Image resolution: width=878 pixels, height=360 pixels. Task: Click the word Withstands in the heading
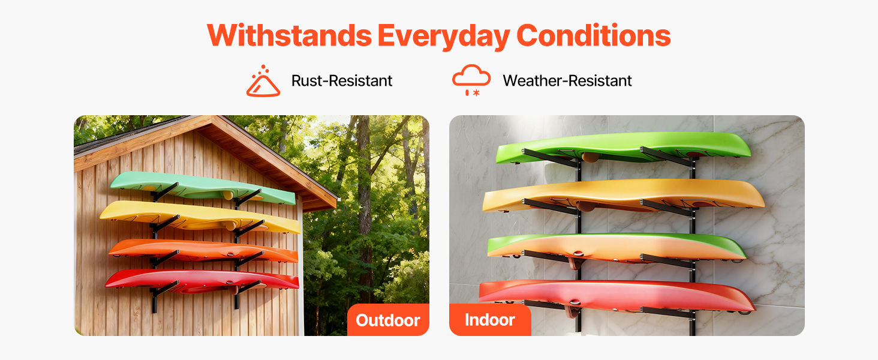point(289,35)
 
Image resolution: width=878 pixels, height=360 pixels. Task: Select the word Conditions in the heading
point(594,35)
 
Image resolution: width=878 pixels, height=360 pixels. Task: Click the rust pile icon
point(263,81)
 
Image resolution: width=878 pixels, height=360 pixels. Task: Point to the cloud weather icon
point(471,80)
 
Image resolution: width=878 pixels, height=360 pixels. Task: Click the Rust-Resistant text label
point(341,81)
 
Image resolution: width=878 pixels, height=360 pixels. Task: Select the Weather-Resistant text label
point(567,81)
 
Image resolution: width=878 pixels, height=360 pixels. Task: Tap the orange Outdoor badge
point(388,320)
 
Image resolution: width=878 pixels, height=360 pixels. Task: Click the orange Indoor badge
point(490,320)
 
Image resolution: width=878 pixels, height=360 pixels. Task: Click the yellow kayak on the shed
point(200,216)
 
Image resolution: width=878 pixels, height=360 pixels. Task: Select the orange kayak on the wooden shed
point(203,250)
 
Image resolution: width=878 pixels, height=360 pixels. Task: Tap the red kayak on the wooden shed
point(202,280)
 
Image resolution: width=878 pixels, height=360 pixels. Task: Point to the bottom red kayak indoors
point(617,296)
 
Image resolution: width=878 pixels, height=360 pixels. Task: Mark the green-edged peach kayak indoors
point(617,247)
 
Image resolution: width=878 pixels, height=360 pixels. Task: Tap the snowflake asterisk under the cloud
point(476,93)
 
